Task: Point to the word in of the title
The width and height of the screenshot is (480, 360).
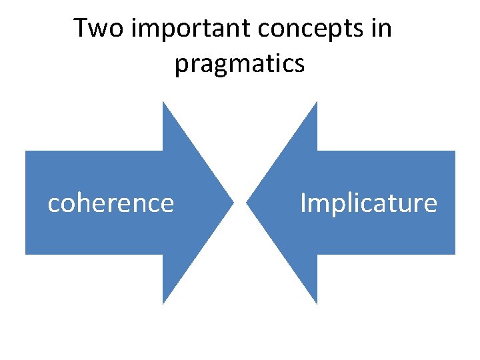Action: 383,29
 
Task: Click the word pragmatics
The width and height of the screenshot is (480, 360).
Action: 240,64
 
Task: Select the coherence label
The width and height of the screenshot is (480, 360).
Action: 111,203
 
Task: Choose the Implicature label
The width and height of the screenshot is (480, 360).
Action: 369,203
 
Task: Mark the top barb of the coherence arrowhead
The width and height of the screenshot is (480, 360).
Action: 164,103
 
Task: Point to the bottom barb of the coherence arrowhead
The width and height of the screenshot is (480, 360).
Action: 164,303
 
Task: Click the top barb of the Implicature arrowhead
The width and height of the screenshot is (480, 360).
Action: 316,103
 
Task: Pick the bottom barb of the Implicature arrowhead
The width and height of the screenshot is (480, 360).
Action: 316,303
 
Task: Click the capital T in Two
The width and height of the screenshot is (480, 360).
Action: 81,29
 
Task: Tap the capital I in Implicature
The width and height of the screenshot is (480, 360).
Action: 303,203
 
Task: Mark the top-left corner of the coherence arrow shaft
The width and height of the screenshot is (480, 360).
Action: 26,151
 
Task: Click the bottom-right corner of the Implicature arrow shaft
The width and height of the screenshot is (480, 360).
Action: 455,253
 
